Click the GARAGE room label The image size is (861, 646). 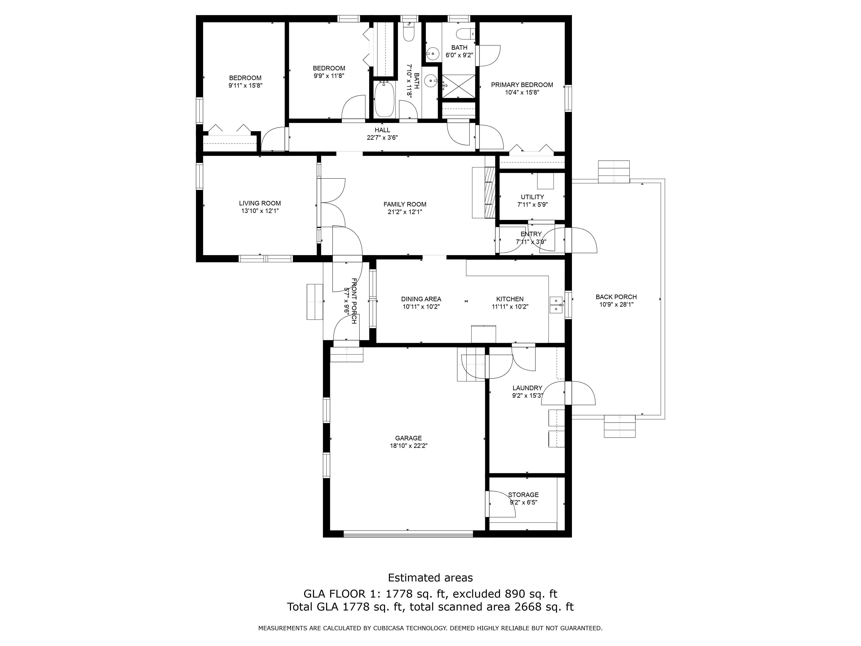(x=408, y=438)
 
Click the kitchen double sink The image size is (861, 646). (x=556, y=304)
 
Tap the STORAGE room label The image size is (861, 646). (x=523, y=495)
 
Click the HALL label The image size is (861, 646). (x=382, y=130)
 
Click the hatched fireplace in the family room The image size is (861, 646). (x=490, y=193)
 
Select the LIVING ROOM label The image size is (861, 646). (x=260, y=203)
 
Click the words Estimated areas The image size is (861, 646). (x=430, y=578)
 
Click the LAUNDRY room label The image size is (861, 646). (x=527, y=388)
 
